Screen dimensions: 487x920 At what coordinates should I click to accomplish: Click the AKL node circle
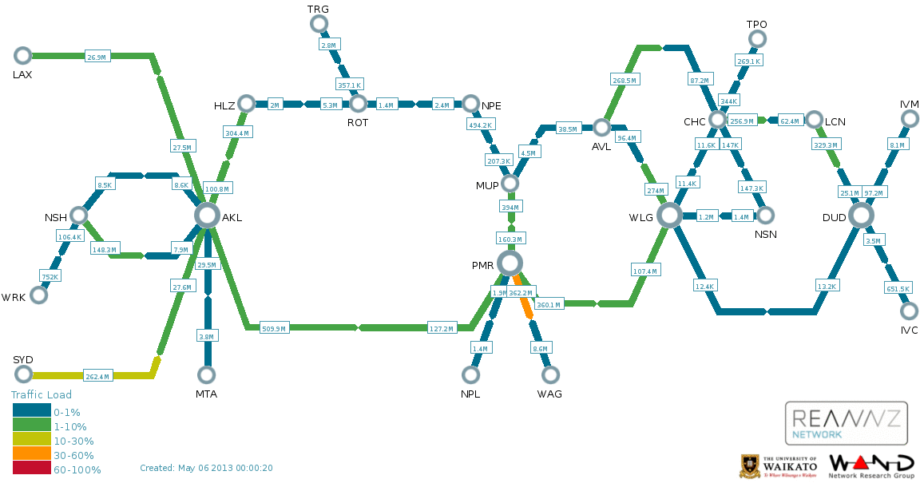(x=207, y=215)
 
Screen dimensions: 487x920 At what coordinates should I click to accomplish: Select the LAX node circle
(x=22, y=55)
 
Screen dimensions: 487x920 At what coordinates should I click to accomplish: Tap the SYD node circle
(x=23, y=374)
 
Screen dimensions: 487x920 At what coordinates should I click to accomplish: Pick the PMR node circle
(x=510, y=263)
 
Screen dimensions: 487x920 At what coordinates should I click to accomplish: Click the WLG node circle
(x=669, y=215)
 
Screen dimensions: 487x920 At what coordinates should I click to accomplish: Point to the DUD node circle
(x=861, y=215)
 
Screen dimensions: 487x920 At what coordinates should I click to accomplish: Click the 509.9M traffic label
(x=274, y=327)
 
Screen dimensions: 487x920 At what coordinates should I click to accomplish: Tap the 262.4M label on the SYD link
(x=97, y=376)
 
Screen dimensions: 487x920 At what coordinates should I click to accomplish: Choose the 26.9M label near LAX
(x=97, y=57)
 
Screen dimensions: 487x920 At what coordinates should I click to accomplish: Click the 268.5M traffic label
(x=624, y=81)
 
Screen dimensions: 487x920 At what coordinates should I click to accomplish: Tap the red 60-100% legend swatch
(x=31, y=469)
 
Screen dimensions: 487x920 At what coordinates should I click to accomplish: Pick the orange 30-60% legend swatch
(x=31, y=455)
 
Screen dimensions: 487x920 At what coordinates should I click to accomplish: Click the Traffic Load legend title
(x=41, y=394)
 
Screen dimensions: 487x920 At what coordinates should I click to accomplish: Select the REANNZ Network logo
(x=846, y=422)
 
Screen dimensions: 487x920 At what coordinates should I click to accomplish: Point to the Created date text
(x=206, y=468)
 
